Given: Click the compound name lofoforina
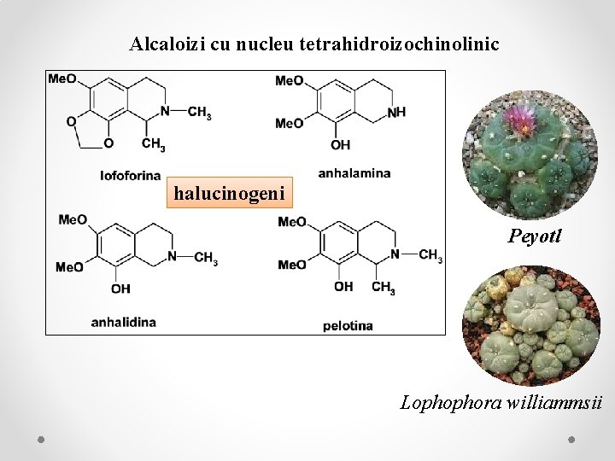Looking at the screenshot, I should point(131,176).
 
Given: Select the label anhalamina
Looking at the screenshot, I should point(354,172).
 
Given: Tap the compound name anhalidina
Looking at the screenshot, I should point(124,322).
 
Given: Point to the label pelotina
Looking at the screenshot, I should point(348,325).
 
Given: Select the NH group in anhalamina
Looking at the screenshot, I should point(396,112).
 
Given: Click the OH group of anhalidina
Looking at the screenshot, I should point(120,289).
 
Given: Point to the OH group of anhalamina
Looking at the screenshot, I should point(340,145).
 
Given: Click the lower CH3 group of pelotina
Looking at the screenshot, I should point(384,288).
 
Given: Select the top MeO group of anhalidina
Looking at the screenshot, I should point(73,220).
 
